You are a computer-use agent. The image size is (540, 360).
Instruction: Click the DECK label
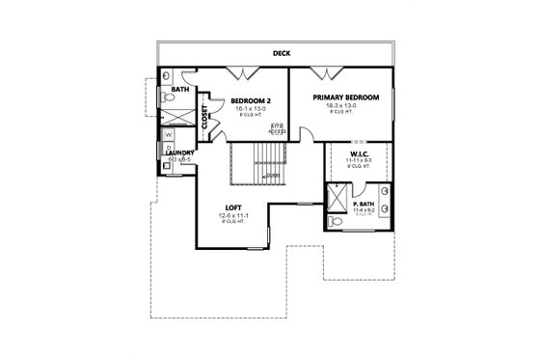point(282,54)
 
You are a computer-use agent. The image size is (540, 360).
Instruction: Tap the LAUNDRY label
point(181,152)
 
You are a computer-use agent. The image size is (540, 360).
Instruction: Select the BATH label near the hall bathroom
point(180,90)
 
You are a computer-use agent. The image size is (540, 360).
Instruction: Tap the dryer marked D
point(169,149)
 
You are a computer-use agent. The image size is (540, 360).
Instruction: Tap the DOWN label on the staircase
point(273,176)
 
